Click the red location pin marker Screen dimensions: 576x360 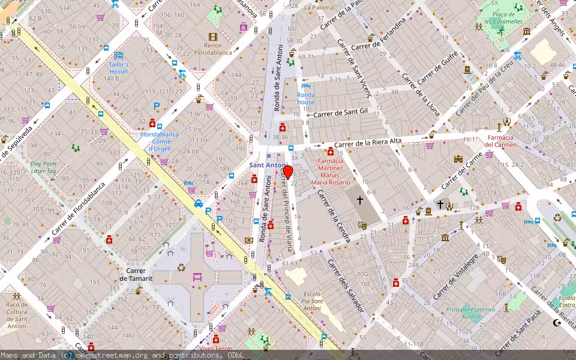click(x=287, y=173)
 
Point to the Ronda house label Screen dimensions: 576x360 click(x=306, y=98)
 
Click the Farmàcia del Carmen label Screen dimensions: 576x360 click(x=500, y=140)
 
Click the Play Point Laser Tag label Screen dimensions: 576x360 click(x=43, y=167)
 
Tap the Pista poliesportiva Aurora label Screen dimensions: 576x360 click(x=471, y=313)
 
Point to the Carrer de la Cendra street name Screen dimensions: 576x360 click(x=333, y=217)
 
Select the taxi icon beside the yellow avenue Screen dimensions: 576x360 click(x=198, y=203)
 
